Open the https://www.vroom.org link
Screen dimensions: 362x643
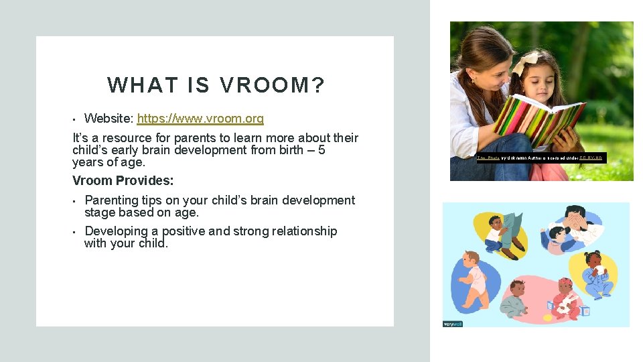(x=200, y=119)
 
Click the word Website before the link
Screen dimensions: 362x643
(x=109, y=119)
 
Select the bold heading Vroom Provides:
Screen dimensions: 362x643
(x=123, y=180)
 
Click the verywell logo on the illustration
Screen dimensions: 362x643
(x=453, y=324)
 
